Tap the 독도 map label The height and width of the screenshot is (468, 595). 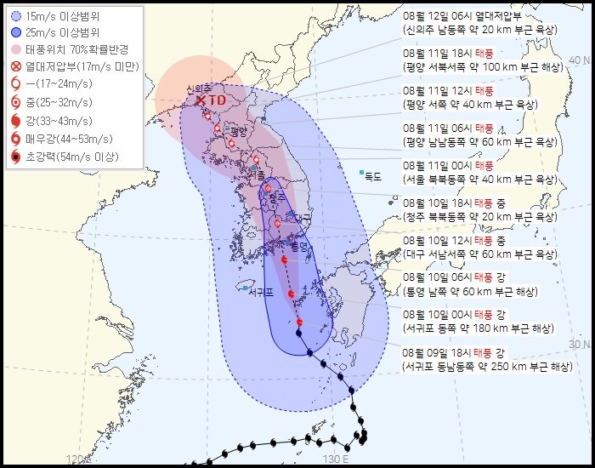[x=373, y=177]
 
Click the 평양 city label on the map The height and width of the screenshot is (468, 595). [x=237, y=131]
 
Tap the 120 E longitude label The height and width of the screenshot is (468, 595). [x=77, y=459]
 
